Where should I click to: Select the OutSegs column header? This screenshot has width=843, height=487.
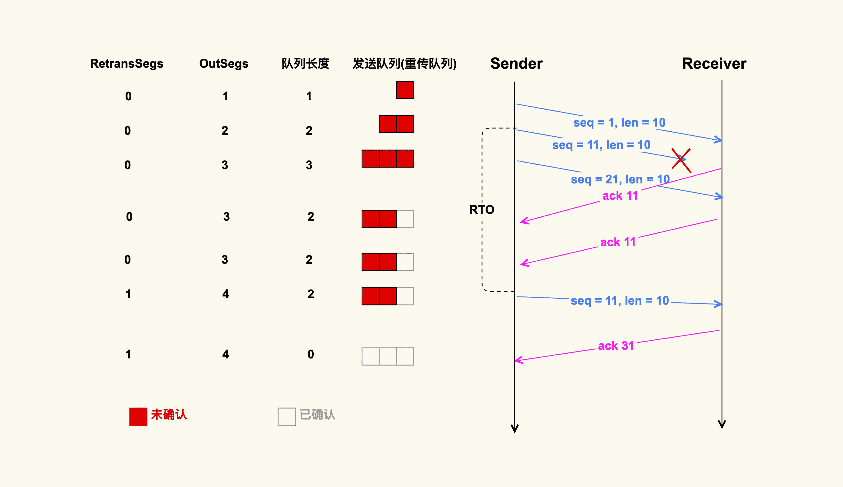[224, 64]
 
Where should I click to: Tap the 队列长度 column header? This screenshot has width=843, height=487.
[305, 64]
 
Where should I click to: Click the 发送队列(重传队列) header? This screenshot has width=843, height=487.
[404, 64]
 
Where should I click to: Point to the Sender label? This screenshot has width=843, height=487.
[516, 64]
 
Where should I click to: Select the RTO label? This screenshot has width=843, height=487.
[482, 210]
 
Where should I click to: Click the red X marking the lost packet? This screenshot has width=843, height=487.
[681, 160]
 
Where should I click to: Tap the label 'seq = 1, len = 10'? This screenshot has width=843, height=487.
[619, 123]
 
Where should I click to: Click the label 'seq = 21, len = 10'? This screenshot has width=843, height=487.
[620, 180]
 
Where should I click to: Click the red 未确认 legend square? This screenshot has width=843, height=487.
[138, 416]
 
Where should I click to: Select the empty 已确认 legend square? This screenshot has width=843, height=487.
[286, 416]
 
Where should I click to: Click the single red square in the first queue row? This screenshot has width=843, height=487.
[405, 90]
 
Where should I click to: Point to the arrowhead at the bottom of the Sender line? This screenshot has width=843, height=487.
[515, 429]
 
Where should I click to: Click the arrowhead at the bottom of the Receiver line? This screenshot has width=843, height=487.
[722, 424]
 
